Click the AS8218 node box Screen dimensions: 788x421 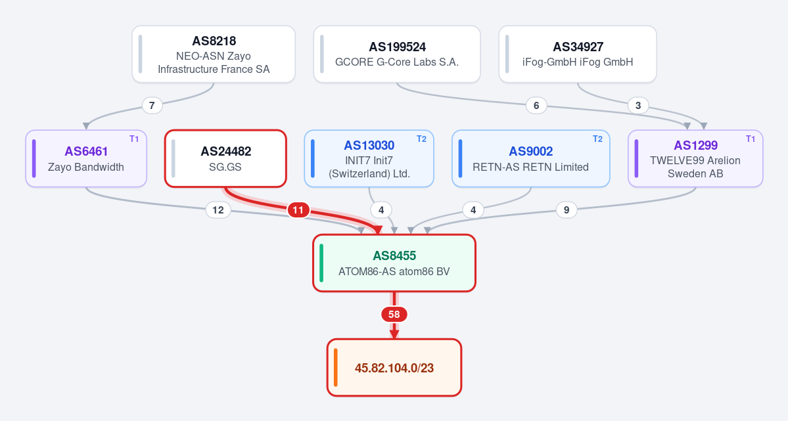(x=214, y=55)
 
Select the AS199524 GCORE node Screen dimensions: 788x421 (x=397, y=55)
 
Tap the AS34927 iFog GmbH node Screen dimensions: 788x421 (x=578, y=55)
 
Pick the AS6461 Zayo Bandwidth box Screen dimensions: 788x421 (x=86, y=159)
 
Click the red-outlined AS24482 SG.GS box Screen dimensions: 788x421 (x=225, y=159)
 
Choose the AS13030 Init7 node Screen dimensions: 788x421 (x=369, y=159)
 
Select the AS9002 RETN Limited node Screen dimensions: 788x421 (x=530, y=159)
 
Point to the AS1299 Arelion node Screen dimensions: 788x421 (x=695, y=159)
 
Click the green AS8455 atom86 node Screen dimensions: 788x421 (x=394, y=263)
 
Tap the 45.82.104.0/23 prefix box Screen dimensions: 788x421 (x=394, y=368)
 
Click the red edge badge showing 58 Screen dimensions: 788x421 (x=394, y=315)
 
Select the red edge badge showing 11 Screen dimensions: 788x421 (x=298, y=210)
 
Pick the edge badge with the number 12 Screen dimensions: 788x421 (x=218, y=210)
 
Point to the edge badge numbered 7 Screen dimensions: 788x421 (x=152, y=106)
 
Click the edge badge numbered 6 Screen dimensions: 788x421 (x=536, y=106)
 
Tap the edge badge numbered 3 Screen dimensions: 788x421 (x=638, y=106)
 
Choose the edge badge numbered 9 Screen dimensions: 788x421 (x=567, y=210)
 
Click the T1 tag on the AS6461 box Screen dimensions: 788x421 (x=134, y=139)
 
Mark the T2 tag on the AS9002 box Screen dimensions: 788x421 (x=597, y=139)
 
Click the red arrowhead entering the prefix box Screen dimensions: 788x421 (x=394, y=334)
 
